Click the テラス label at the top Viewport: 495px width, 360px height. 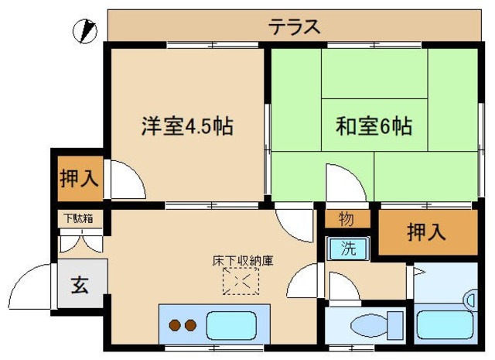coord(294,26)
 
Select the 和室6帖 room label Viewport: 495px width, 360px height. coord(373,125)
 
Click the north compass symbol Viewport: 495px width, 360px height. coord(84,32)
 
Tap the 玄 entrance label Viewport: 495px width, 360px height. coord(80,285)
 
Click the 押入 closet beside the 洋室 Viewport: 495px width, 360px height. coord(78,177)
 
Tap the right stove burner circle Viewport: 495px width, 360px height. coord(190,325)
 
